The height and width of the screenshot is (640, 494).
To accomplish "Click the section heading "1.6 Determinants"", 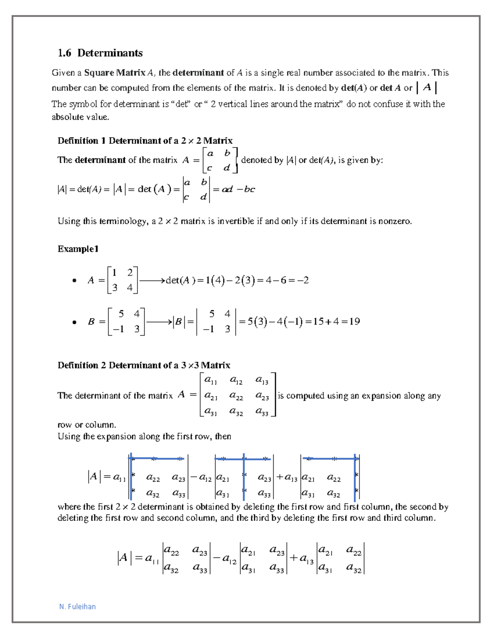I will point(100,53).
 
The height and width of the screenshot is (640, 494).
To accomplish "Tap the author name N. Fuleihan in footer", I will point(77,606).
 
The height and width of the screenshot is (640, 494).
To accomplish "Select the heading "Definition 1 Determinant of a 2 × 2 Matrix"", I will point(145,141).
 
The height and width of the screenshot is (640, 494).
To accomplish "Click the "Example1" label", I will point(78,248).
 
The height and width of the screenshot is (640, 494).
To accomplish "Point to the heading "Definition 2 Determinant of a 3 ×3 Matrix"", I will point(144,365).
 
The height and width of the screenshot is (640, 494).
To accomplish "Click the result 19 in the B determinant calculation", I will point(354,321).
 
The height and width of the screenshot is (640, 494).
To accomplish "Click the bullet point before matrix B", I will point(74,322).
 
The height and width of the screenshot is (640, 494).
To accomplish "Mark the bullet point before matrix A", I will point(74,281).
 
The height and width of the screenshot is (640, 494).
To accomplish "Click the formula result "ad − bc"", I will point(238,189).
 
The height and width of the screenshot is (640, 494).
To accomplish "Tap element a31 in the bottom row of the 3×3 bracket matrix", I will point(210,411).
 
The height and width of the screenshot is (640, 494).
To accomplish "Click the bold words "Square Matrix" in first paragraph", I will point(114,73).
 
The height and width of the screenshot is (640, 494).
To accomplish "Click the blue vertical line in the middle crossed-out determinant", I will point(244,478).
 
